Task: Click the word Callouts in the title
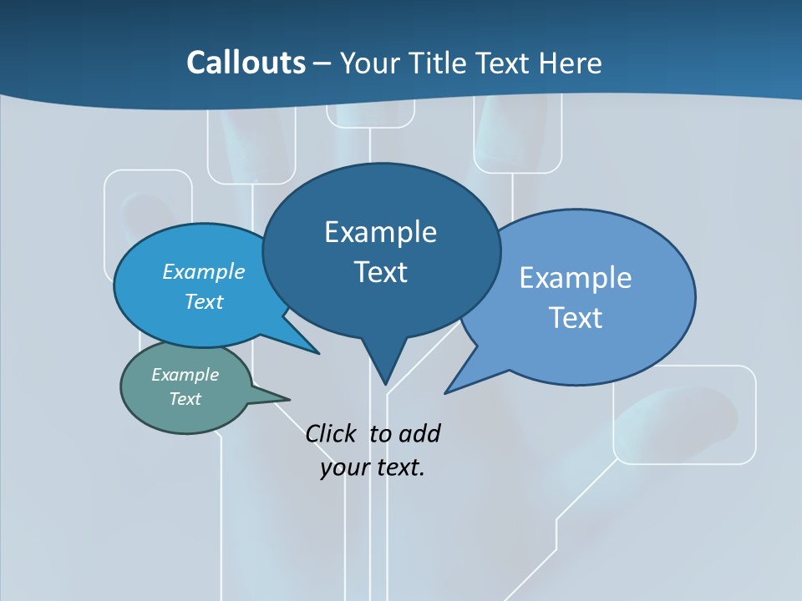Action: click(246, 63)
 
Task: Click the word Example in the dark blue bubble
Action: click(380, 232)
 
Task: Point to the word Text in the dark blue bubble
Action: click(380, 272)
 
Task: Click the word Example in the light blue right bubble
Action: click(576, 278)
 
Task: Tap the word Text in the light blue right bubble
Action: click(576, 318)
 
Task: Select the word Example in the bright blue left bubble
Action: click(204, 271)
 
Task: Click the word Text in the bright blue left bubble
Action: click(204, 301)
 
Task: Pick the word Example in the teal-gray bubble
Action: click(185, 375)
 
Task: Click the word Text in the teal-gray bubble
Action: click(185, 399)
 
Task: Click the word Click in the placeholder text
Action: click(332, 433)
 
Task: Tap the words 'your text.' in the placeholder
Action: click(373, 467)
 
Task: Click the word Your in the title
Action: click(368, 63)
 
